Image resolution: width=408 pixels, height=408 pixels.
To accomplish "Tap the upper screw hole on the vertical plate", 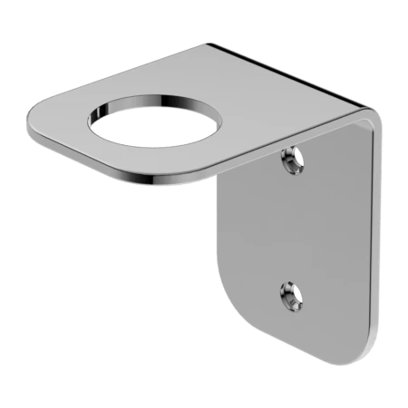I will [290, 162].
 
